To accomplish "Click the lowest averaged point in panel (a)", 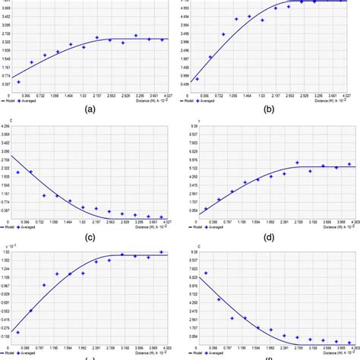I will pos(19,81).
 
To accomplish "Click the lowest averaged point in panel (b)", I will pos(197,78).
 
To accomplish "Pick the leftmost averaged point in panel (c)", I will pos(18,173).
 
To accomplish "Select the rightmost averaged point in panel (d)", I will pos(349,164).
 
